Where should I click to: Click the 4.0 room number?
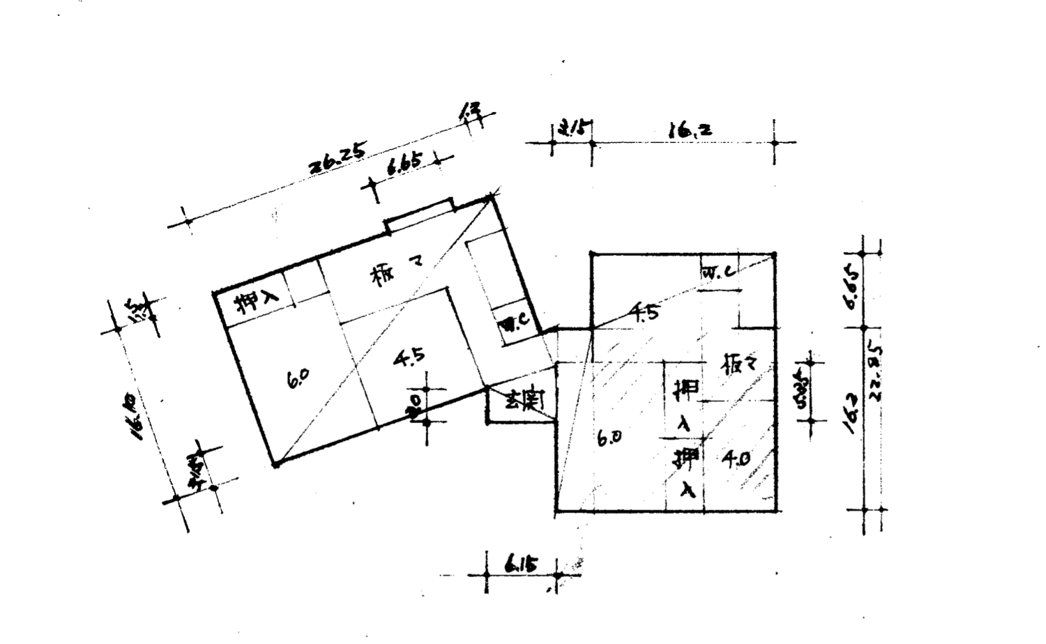[x=735, y=459]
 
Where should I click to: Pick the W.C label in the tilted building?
[x=515, y=323]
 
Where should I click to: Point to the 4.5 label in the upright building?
[x=644, y=312]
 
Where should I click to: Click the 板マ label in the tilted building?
[x=395, y=275]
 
